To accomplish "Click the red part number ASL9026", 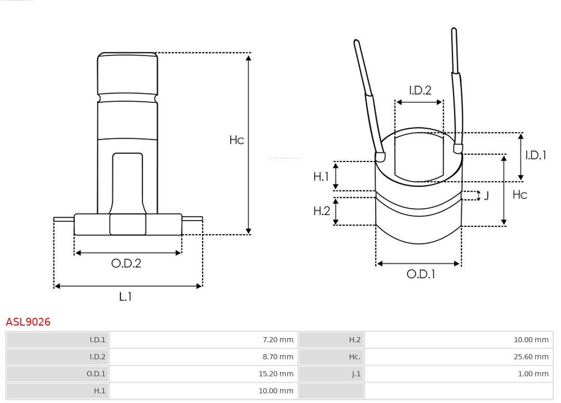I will pos(28,322).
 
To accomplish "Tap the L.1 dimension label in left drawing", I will pos(126,297).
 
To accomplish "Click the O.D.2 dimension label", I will pos(126,263).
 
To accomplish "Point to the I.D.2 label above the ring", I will pos(420,90).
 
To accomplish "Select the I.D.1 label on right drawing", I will pos(536,155).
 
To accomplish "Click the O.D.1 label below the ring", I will pos(420,274).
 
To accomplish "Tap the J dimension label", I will pos(486,196).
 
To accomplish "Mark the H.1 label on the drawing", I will pos(321,177).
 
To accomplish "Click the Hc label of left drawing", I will pos(236,140).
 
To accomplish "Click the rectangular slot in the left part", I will pos(127,182).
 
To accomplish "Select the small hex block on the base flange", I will pos(127,224).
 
